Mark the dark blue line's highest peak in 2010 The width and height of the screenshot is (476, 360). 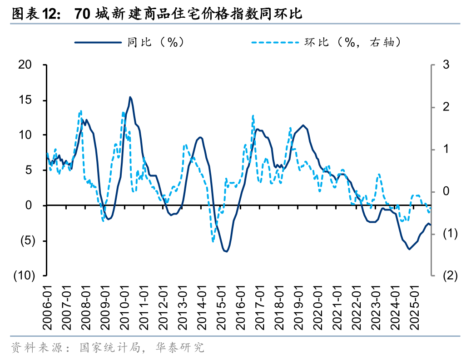(x=130, y=97)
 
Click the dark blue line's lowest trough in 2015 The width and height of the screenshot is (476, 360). (x=226, y=251)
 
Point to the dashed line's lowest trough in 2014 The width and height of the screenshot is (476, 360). (x=213, y=241)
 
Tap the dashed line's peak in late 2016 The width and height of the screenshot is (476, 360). (x=253, y=115)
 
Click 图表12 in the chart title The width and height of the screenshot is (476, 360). (x=35, y=14)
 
